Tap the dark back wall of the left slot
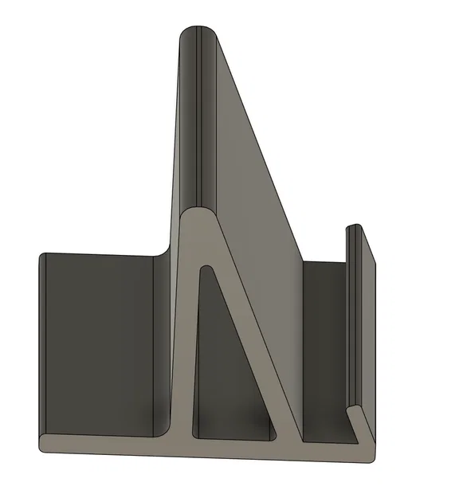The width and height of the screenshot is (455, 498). pyautogui.click(x=96, y=343)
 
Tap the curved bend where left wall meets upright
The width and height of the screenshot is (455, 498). pyautogui.click(x=164, y=253)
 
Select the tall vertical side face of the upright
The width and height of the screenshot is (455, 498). pyautogui.click(x=182, y=120)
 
